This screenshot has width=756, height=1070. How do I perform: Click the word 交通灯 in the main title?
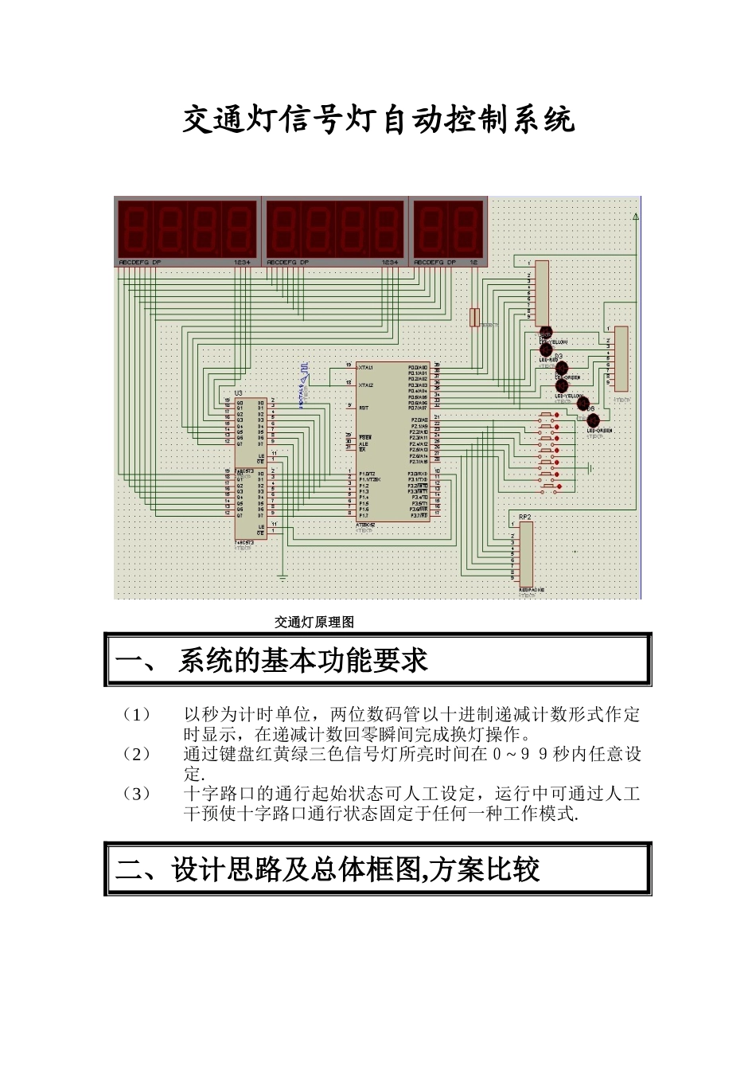(227, 120)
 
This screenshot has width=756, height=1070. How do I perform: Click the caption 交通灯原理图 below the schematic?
(314, 623)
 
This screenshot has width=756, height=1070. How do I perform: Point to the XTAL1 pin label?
(366, 367)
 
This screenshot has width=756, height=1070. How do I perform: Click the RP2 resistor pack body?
(526, 556)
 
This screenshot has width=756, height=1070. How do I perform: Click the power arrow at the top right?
(635, 217)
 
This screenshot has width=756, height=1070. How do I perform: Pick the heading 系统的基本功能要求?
(302, 660)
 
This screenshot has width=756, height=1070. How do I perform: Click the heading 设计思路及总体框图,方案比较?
(356, 869)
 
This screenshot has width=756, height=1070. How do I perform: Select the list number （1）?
(136, 714)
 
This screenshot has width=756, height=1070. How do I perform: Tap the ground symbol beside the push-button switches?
(590, 467)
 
